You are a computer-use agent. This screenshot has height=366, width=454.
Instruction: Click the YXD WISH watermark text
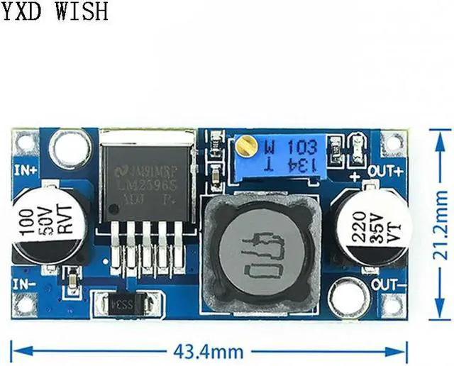[55, 11]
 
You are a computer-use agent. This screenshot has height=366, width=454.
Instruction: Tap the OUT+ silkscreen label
[388, 170]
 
